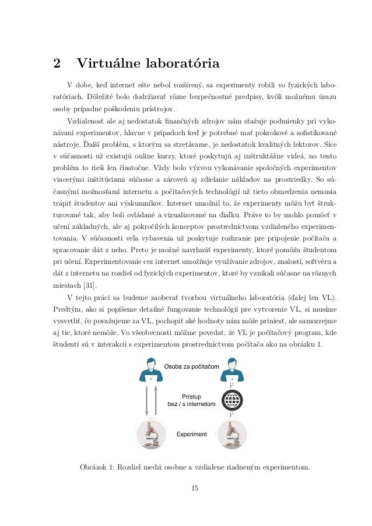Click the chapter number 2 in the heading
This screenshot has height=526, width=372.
click(57, 62)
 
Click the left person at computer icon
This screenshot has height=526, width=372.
click(151, 370)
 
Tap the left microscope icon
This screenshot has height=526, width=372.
click(151, 435)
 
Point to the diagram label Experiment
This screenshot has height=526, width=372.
click(192, 434)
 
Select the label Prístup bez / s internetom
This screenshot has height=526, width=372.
click(191, 400)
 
